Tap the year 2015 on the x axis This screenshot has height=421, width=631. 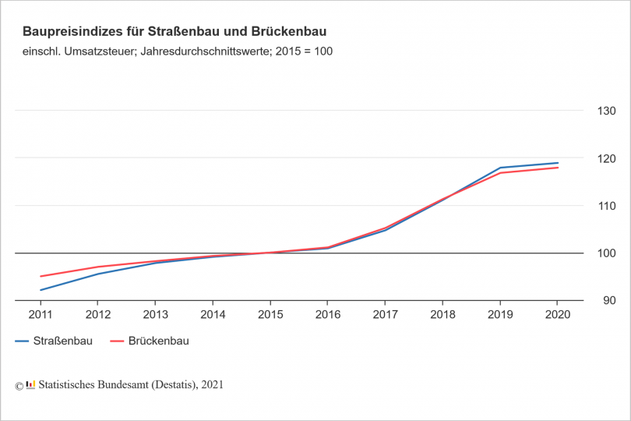coord(270,315)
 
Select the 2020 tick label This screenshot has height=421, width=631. coord(557,315)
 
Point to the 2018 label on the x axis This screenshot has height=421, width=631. coord(442,315)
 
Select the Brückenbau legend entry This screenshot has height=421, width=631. coord(158,341)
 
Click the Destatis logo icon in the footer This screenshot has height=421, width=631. coord(30,384)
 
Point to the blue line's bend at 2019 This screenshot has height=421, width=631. coord(500,168)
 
